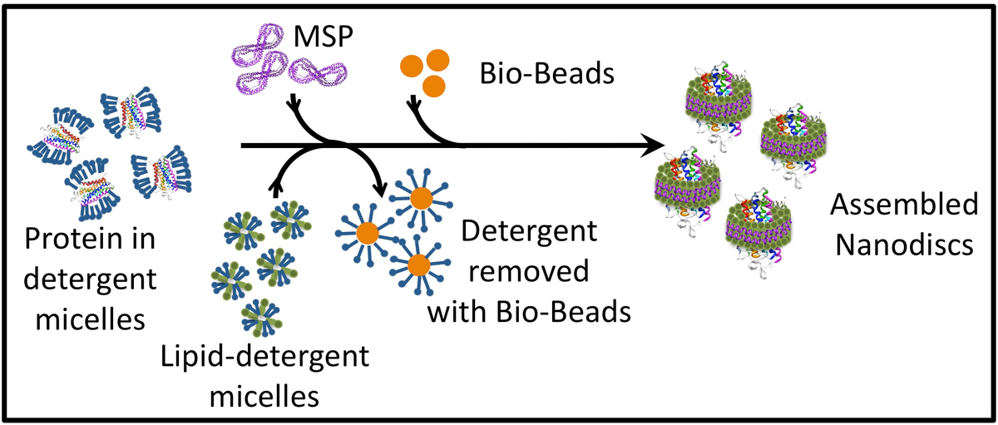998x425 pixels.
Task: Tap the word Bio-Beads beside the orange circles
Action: [546, 75]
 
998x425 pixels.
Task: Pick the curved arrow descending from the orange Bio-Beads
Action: [424, 125]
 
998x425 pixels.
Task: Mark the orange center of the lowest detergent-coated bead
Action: [417, 264]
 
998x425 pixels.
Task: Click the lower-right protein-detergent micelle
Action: [158, 173]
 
